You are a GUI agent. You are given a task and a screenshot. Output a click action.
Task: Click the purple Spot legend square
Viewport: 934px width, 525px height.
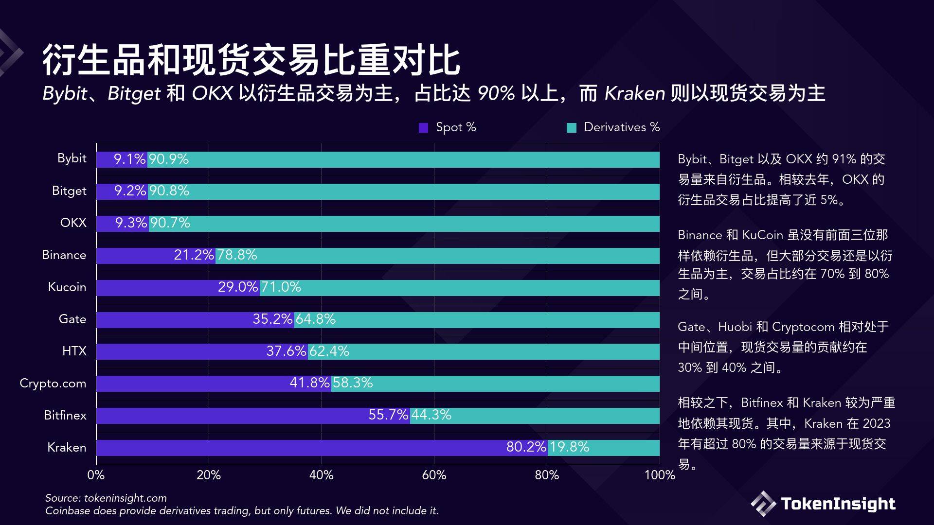pyautogui.click(x=423, y=128)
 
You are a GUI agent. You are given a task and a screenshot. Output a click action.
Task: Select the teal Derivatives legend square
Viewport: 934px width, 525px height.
pyautogui.click(x=572, y=128)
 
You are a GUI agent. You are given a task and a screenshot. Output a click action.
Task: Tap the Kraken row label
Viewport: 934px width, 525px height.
pyautogui.click(x=67, y=447)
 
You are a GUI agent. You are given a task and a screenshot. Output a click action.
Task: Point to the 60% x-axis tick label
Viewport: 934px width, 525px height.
pyautogui.click(x=434, y=475)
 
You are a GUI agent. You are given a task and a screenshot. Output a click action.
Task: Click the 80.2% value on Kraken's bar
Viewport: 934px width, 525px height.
pyautogui.click(x=526, y=447)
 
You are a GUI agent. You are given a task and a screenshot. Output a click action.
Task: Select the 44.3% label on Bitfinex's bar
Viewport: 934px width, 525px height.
pyautogui.click(x=431, y=415)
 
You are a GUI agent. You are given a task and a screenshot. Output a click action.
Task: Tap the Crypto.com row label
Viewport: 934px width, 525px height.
pyautogui.click(x=53, y=383)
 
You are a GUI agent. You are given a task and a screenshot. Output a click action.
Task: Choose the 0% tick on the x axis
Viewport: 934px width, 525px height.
pyautogui.click(x=96, y=475)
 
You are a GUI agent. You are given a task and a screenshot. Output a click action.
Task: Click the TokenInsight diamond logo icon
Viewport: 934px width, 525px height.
pyautogui.click(x=763, y=504)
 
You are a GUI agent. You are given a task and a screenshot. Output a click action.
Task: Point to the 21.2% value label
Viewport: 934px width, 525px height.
pyautogui.click(x=194, y=255)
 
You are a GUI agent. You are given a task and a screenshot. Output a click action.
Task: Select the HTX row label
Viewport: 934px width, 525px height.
pyautogui.click(x=74, y=351)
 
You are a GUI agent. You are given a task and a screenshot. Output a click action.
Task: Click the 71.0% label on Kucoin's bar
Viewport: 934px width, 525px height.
pyautogui.click(x=281, y=287)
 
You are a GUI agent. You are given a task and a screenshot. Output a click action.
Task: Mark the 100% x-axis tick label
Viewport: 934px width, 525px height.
pyautogui.click(x=659, y=475)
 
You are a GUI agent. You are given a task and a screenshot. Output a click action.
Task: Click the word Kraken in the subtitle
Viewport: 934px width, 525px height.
pyautogui.click(x=634, y=93)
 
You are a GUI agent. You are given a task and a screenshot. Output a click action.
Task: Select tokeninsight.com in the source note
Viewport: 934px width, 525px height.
pyautogui.click(x=125, y=498)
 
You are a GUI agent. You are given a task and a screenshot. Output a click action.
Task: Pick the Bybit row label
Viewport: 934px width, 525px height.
pyautogui.click(x=72, y=158)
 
